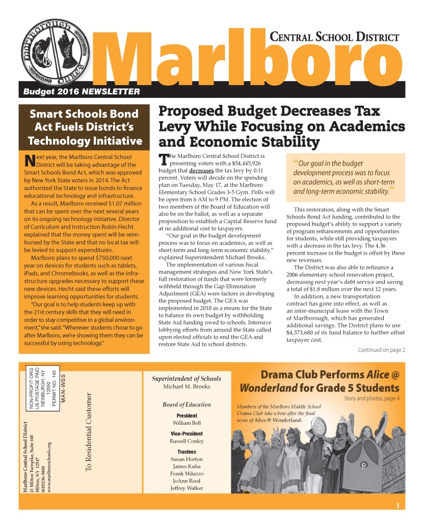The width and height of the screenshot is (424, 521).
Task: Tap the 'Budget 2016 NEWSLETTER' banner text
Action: click(82, 92)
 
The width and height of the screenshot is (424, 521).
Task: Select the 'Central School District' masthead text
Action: click(334, 37)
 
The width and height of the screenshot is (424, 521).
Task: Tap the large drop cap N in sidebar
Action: click(30, 160)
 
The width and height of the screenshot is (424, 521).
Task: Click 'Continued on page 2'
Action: click(381, 350)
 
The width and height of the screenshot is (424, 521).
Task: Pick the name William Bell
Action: click(187, 423)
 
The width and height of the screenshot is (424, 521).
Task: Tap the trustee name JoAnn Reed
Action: click(187, 480)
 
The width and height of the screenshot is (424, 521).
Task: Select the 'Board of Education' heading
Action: click(187, 404)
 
